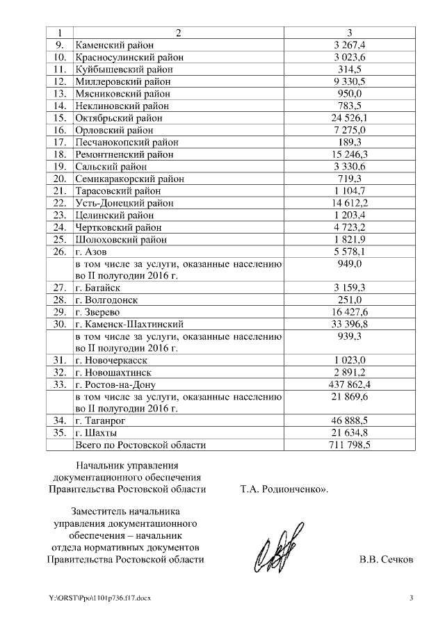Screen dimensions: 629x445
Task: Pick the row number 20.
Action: pyautogui.click(x=60, y=179)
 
